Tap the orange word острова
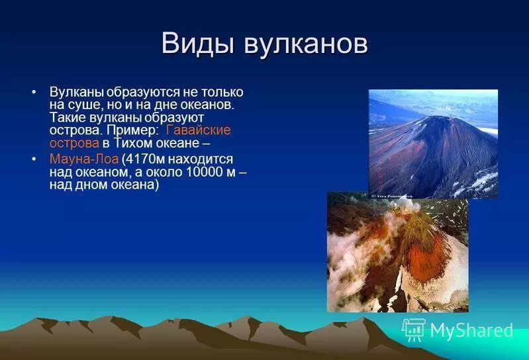pos(73,142)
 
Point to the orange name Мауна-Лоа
pos(84,159)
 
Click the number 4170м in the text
pos(146,159)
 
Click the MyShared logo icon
pos(414,329)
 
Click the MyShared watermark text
pos(471,330)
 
